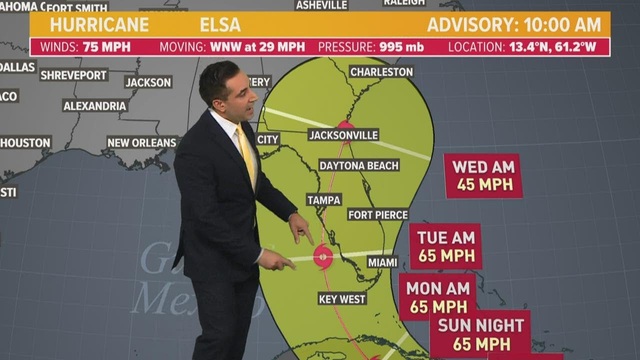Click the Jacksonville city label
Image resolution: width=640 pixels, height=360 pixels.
click(343, 135)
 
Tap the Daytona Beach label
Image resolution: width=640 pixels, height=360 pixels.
click(359, 165)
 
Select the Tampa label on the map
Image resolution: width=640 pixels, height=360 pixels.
click(324, 200)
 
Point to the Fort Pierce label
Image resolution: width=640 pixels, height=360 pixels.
click(378, 214)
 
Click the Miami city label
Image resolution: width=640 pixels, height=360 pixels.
click(382, 262)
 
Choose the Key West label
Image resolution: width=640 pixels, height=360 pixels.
click(342, 299)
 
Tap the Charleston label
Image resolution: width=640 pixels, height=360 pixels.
click(381, 71)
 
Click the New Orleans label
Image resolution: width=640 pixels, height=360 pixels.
click(142, 142)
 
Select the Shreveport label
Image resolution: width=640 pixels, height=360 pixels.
click(74, 75)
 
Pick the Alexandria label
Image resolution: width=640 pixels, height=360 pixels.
click(95, 106)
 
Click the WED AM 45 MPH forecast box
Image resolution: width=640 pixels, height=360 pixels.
click(483, 176)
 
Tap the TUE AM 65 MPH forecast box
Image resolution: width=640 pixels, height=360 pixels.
click(445, 246)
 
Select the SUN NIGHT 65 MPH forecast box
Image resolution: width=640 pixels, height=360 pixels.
click(480, 334)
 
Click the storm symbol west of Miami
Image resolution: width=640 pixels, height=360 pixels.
click(323, 257)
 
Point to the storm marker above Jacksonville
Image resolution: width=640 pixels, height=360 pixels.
click(345, 125)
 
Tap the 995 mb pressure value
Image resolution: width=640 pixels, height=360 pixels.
click(401, 47)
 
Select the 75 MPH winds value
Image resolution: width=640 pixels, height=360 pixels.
click(106, 47)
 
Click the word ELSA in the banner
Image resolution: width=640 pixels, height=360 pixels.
click(220, 24)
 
